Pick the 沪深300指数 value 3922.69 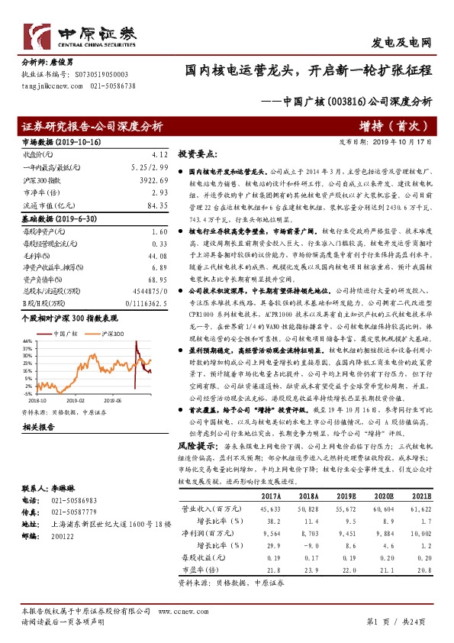tap(153, 181)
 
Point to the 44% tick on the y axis tap(27, 341)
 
